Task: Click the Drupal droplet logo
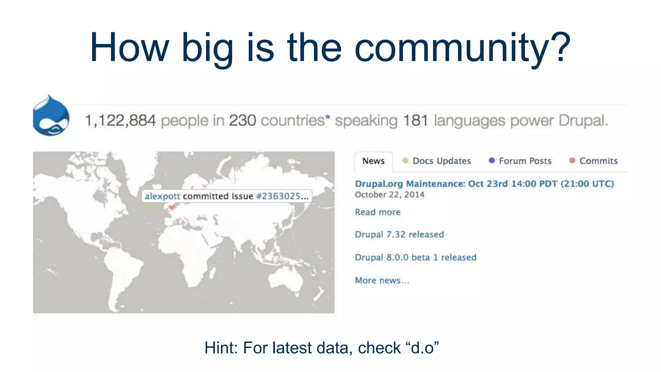click(x=51, y=116)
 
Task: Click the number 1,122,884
click(x=120, y=121)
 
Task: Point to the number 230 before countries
click(x=242, y=121)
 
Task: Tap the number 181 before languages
click(x=415, y=121)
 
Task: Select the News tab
click(x=373, y=161)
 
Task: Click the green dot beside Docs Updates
click(x=405, y=160)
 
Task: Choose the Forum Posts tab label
click(x=525, y=161)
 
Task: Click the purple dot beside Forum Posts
click(x=492, y=160)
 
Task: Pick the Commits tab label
click(x=598, y=161)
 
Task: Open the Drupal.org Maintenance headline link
click(x=484, y=184)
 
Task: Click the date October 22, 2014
click(x=390, y=195)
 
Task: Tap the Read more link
click(x=378, y=212)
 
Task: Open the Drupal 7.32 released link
click(x=399, y=234)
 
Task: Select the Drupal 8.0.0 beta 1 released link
click(x=415, y=257)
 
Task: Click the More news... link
click(x=382, y=280)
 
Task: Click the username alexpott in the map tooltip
click(x=162, y=196)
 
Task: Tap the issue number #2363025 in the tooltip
click(x=278, y=196)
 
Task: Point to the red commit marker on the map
click(x=172, y=207)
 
